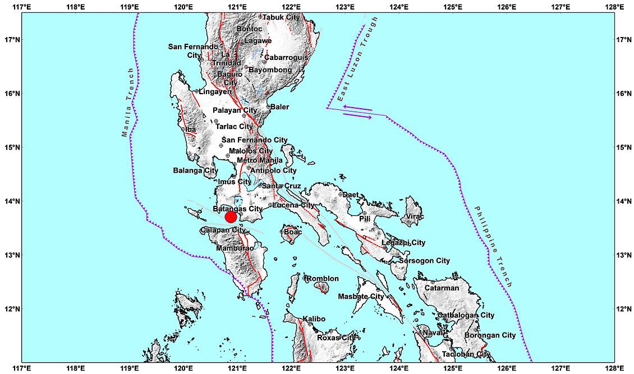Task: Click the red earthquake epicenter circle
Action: tap(230, 217)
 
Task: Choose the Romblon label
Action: tap(323, 279)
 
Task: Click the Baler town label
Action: tap(280, 107)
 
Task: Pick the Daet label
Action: tap(351, 195)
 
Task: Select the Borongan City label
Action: tap(490, 335)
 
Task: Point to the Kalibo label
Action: tap(314, 319)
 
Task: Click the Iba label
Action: tap(191, 130)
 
